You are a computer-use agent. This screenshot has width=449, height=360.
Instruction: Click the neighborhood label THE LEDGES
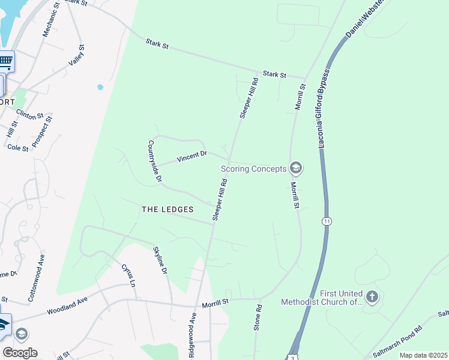(x=167, y=209)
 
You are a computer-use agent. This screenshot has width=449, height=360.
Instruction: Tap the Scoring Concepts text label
(x=254, y=169)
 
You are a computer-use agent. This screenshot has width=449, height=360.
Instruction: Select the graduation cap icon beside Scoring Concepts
(x=295, y=167)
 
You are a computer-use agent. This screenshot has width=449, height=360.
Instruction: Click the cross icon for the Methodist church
(x=372, y=296)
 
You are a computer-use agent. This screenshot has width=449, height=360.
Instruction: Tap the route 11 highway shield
(x=326, y=221)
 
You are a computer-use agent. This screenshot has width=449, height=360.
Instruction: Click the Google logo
(x=20, y=353)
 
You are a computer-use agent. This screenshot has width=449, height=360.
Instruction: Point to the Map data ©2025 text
(x=423, y=355)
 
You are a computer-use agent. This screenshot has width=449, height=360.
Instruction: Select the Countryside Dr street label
(x=155, y=161)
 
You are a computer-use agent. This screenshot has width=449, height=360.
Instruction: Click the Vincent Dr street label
(x=191, y=157)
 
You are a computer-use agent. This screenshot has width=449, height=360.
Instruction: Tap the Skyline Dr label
(x=160, y=260)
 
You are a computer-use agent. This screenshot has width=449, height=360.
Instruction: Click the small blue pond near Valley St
(x=100, y=87)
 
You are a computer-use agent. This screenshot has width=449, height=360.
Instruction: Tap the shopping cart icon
(x=5, y=61)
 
